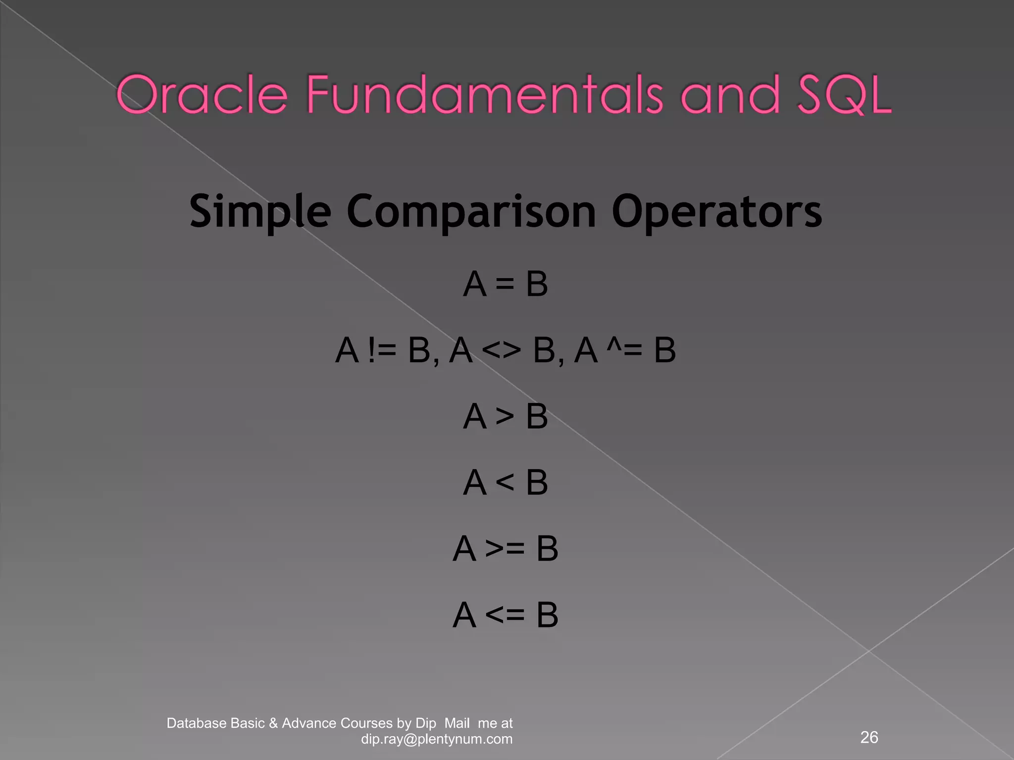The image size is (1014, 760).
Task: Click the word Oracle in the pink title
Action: (x=202, y=95)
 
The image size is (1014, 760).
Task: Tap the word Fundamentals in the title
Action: (x=484, y=95)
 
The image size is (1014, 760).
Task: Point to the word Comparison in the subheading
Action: (x=471, y=212)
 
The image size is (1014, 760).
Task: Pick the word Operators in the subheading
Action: (x=716, y=211)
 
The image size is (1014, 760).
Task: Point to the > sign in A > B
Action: (x=505, y=417)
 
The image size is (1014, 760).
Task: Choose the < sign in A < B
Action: (x=505, y=482)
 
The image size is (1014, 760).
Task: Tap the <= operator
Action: (x=505, y=615)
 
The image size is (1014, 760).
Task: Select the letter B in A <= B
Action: (x=548, y=615)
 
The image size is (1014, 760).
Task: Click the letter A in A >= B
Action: (x=464, y=549)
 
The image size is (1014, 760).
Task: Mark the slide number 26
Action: (x=869, y=737)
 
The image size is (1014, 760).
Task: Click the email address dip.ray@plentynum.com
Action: (x=437, y=739)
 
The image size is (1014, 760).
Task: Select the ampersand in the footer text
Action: (x=273, y=723)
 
